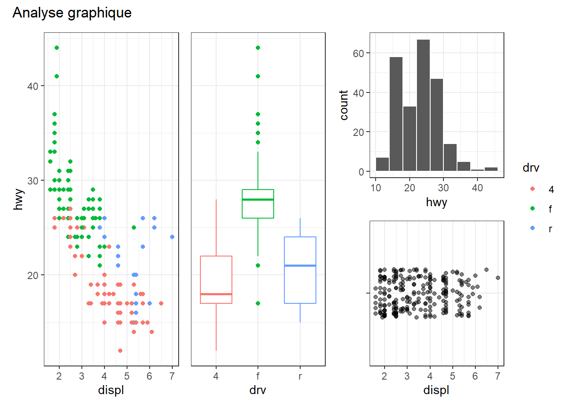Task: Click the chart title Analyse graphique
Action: pyautogui.click(x=72, y=13)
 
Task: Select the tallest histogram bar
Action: pyautogui.click(x=423, y=105)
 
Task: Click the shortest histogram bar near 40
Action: pyautogui.click(x=477, y=170)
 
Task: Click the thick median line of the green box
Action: pyautogui.click(x=258, y=199)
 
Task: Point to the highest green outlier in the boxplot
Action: pyautogui.click(x=258, y=48)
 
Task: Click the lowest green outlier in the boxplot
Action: pyautogui.click(x=258, y=303)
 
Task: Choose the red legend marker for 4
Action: pyautogui.click(x=532, y=189)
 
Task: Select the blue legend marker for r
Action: pyautogui.click(x=532, y=228)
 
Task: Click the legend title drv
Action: pyautogui.click(x=531, y=168)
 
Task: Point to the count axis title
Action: pyautogui.click(x=344, y=105)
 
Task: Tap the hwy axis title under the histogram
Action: pyautogui.click(x=436, y=202)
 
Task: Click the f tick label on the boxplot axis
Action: pyautogui.click(x=258, y=376)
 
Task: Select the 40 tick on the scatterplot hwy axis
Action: pyautogui.click(x=33, y=86)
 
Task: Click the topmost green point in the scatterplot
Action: pyautogui.click(x=57, y=48)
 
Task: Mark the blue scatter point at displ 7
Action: pyautogui.click(x=172, y=237)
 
